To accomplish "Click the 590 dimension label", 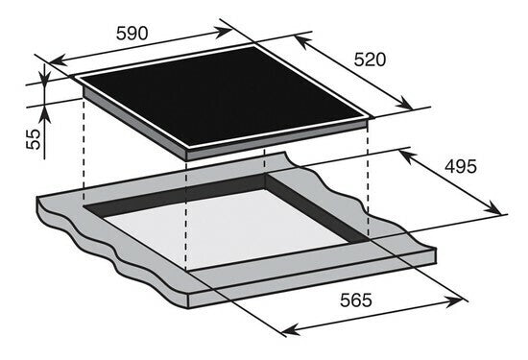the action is pos(132,34).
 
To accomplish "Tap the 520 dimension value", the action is pos(370,60).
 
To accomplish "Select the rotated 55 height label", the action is pos(34,139).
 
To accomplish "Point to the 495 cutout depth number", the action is pos(461,166).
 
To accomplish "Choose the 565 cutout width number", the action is pos(356,300).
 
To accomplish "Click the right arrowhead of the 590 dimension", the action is pos(224,32).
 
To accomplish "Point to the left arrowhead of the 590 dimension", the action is pos(58,60).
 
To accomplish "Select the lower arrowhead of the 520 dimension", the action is pos(405,104).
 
